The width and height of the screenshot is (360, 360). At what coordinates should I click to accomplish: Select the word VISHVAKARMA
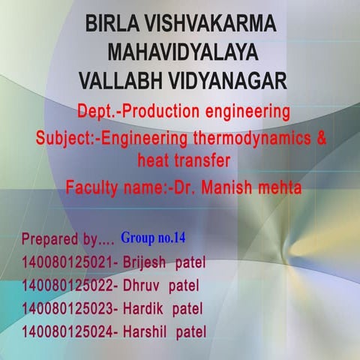pyautogui.click(x=213, y=24)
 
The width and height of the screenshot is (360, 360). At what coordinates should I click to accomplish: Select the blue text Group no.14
pyautogui.click(x=152, y=239)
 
